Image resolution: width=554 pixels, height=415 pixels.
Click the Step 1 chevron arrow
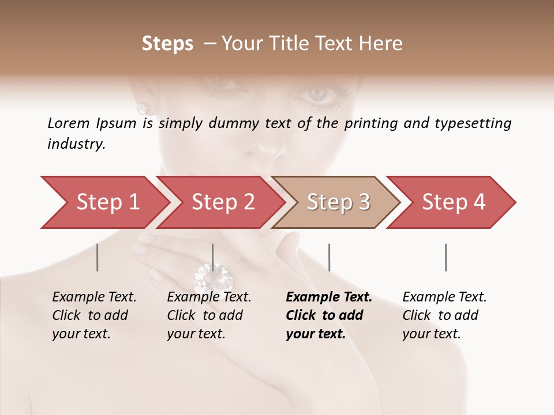104,202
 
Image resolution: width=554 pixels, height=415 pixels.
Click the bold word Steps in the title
167,43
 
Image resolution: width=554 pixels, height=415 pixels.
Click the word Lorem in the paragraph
68,123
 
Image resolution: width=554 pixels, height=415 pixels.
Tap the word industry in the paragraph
76,144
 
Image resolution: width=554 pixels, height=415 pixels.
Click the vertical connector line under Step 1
98,257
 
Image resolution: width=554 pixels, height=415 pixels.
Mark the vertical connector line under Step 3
329,257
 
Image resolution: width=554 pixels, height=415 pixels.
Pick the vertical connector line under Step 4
446,257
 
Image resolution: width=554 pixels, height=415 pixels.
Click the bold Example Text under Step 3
329,297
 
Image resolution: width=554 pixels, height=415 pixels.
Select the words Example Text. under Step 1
94,297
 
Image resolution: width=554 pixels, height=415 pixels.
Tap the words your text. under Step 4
431,334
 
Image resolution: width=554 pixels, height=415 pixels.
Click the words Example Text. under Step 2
209,297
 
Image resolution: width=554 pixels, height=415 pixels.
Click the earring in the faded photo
143,108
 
